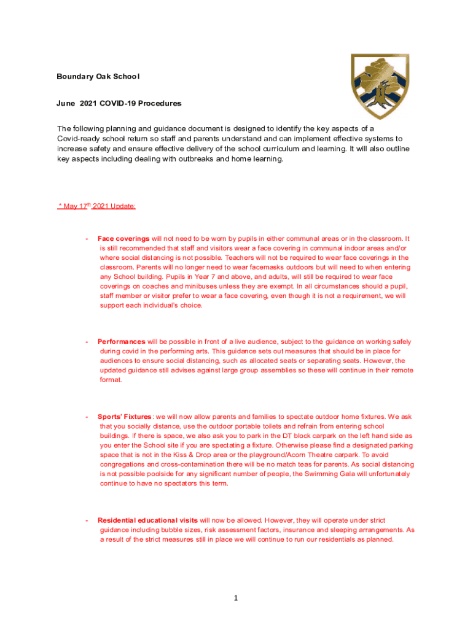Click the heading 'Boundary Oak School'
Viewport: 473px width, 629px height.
pos(98,77)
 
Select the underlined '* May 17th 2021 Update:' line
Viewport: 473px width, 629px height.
pos(96,206)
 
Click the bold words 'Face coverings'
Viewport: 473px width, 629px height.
pos(123,238)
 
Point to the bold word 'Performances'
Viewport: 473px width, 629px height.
pos(122,342)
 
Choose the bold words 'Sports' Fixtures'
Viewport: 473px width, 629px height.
pos(125,417)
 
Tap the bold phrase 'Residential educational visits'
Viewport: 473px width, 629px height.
pos(147,520)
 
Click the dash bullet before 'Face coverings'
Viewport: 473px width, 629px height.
pos(88,238)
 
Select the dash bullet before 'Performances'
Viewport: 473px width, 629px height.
pos(88,342)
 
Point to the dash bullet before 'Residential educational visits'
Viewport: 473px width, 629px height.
pos(88,520)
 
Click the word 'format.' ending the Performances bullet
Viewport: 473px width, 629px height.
pos(111,380)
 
